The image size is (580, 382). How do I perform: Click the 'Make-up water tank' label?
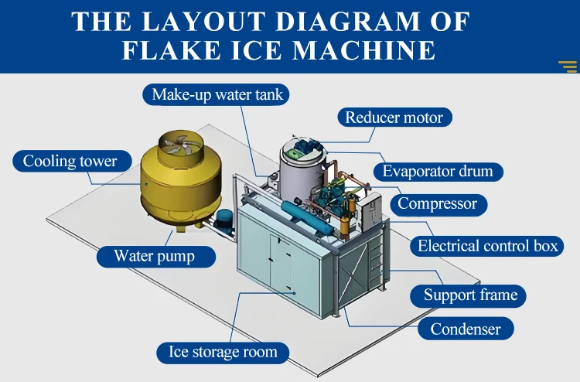click(x=217, y=95)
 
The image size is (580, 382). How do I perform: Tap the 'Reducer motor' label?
click(x=394, y=118)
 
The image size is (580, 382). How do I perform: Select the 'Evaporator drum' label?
click(x=438, y=171)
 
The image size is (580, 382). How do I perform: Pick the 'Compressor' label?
click(x=438, y=204)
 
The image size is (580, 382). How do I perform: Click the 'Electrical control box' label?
click(x=487, y=247)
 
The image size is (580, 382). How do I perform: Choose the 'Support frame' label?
click(x=469, y=295)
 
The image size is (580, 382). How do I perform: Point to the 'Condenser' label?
click(x=465, y=329)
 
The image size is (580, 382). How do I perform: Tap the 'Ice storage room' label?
click(x=223, y=352)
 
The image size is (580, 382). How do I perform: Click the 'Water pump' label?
click(x=154, y=256)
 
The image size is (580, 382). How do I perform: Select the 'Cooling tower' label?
click(x=70, y=162)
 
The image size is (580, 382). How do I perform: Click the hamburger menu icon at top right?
click(x=567, y=66)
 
